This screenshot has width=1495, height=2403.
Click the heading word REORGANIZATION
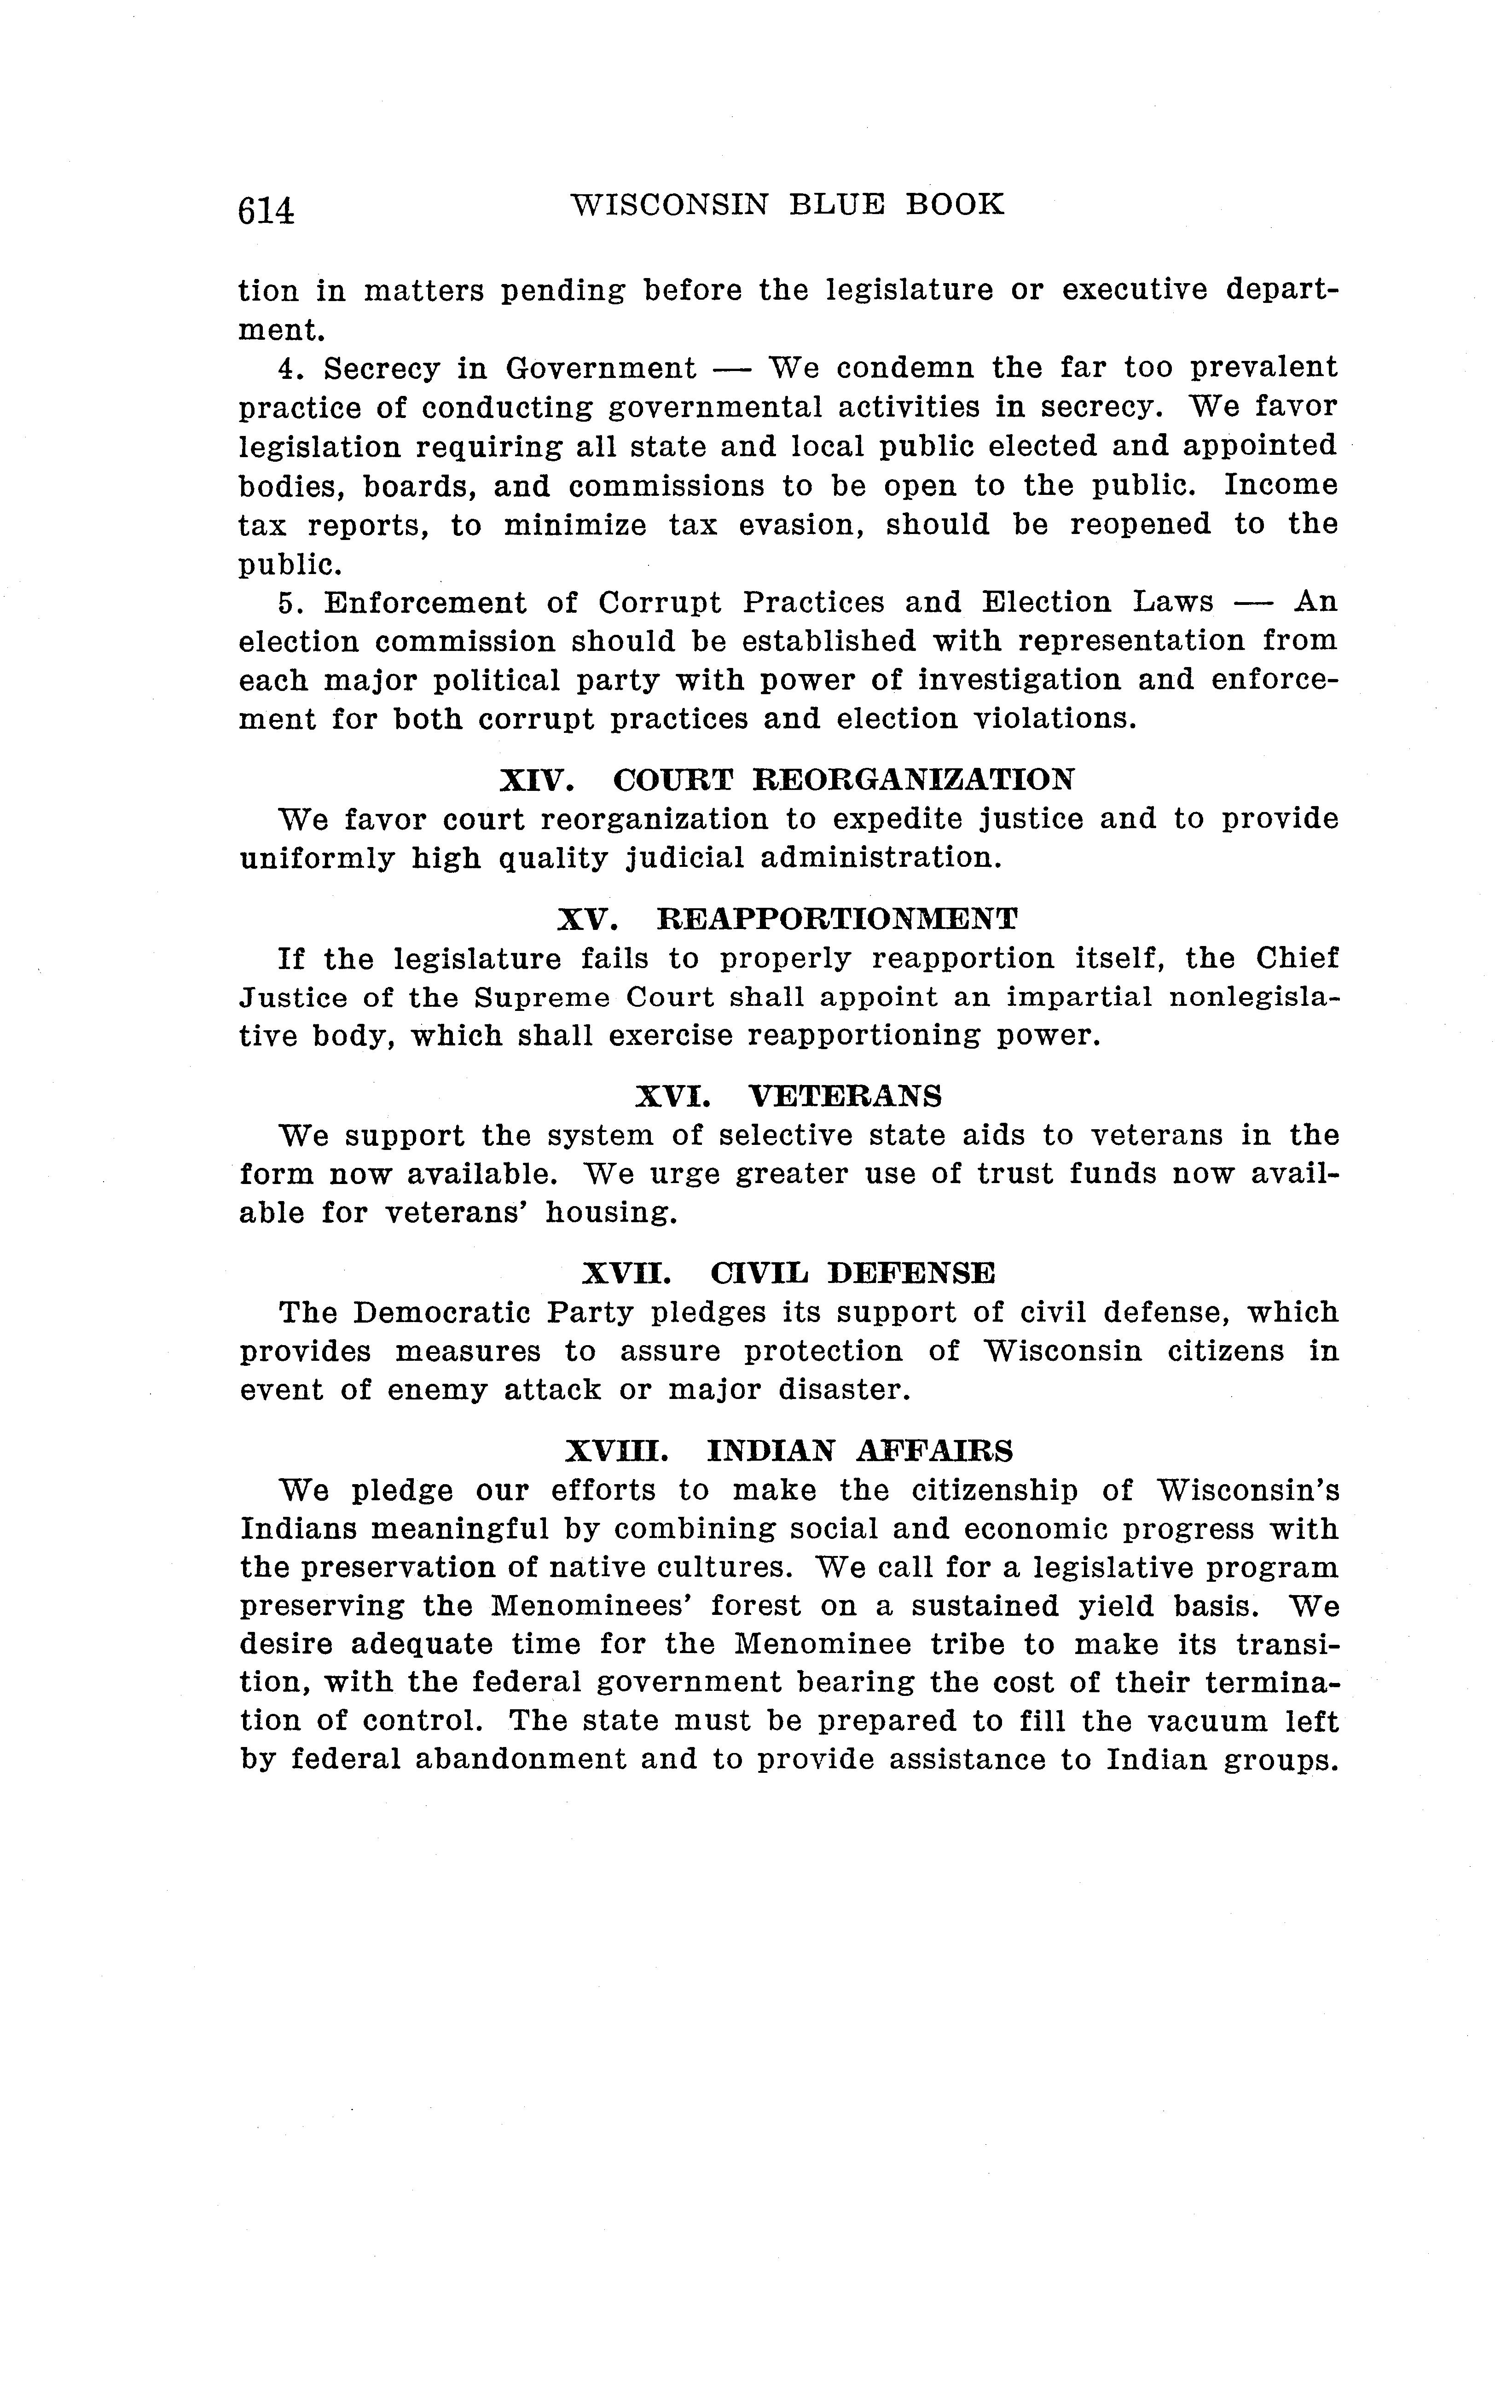(x=843, y=780)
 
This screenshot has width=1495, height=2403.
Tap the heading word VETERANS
(x=845, y=1096)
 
